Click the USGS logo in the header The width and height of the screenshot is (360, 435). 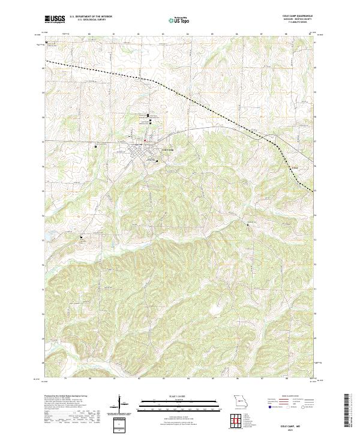tap(54, 19)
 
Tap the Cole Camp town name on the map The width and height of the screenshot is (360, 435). tap(167, 149)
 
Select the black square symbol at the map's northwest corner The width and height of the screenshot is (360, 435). tap(46, 42)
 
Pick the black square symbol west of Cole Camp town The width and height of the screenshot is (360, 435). tap(95, 146)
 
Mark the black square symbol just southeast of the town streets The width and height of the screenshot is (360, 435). tap(157, 161)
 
